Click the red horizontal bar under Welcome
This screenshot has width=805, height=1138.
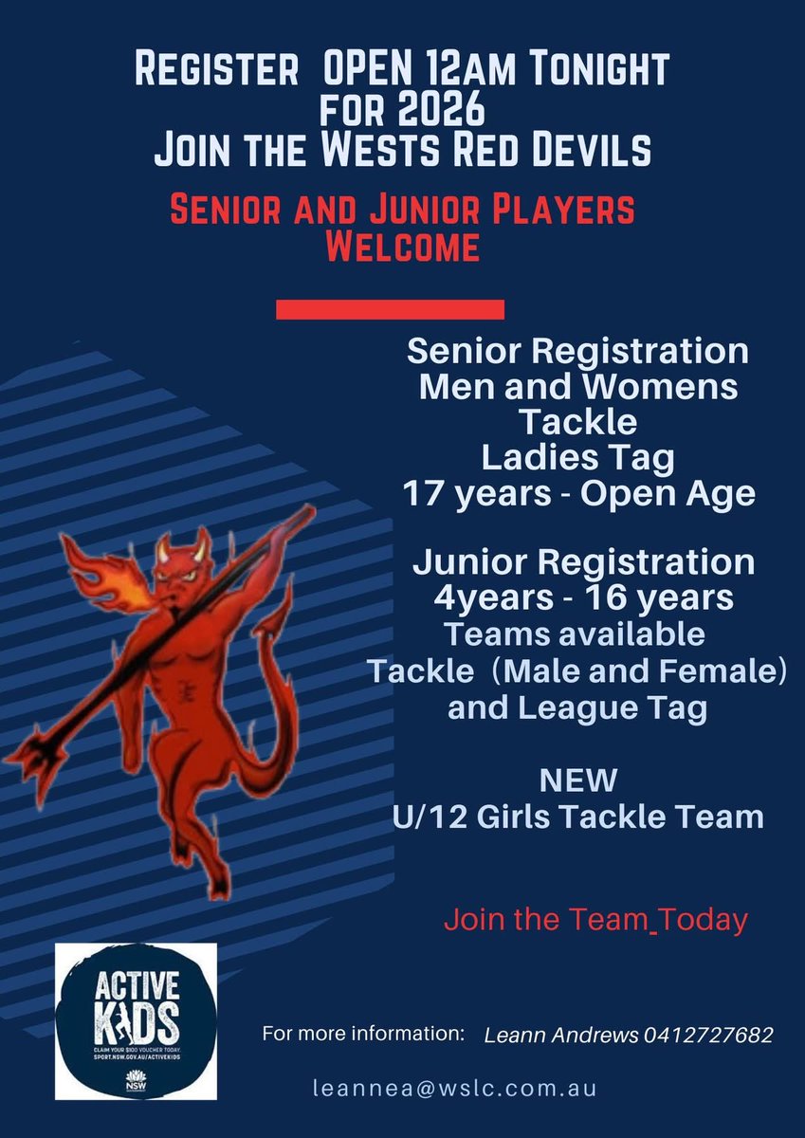pos(390,310)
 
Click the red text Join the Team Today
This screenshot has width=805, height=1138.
pos(596,920)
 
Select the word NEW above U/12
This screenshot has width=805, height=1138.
pos(577,781)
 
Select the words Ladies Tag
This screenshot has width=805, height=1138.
pos(577,459)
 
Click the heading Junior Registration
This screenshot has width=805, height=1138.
pos(583,563)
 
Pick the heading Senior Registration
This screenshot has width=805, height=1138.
pos(577,352)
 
